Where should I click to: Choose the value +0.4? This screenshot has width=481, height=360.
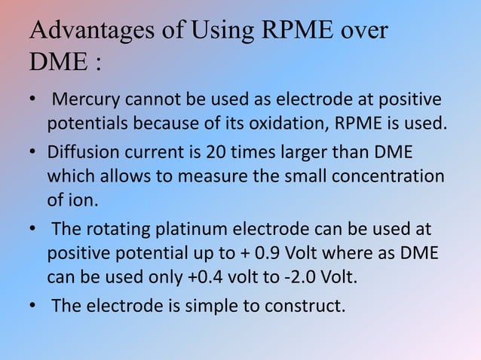(205, 273)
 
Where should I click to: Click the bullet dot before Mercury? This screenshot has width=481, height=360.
(32, 101)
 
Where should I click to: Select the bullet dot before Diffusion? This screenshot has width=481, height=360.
(32, 154)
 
